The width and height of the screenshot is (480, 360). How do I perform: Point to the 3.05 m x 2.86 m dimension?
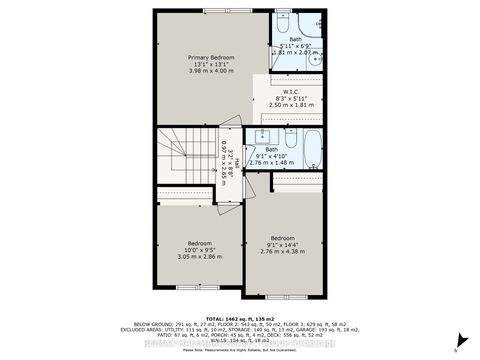click(x=200, y=257)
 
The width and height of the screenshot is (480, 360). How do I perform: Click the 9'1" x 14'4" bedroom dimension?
click(x=283, y=245)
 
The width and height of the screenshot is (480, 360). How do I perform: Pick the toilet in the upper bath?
click(x=283, y=21)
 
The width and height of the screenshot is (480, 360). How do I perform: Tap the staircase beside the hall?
click(x=185, y=158)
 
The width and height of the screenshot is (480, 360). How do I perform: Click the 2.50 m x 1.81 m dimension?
click(x=292, y=104)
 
